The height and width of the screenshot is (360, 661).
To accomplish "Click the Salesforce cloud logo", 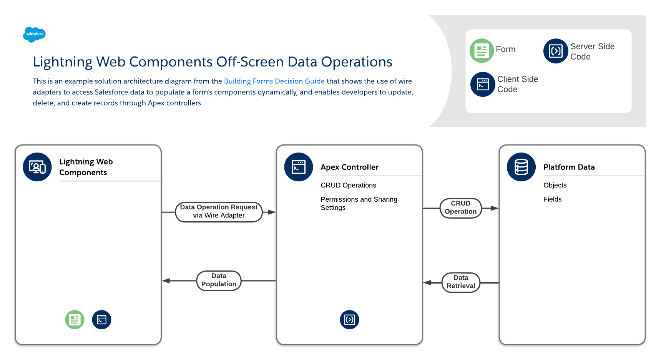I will (x=34, y=34).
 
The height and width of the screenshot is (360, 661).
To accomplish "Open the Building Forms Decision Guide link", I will (x=274, y=81).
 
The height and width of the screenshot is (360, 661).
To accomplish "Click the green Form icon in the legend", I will (x=482, y=51).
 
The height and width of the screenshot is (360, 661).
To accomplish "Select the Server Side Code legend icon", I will (x=556, y=51).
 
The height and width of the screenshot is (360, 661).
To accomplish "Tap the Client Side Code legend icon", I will (x=483, y=84).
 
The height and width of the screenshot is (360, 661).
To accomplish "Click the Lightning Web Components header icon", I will (x=37, y=167).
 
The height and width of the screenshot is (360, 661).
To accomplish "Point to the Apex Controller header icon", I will (x=299, y=167).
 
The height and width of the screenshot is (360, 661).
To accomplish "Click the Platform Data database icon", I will (x=521, y=167).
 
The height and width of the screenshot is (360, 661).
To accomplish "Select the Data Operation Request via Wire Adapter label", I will (x=219, y=211).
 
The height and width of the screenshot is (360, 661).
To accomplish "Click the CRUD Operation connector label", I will (x=460, y=207).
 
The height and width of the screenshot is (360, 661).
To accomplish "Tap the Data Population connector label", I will (x=219, y=280).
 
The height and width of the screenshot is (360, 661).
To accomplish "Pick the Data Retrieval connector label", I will (x=461, y=282).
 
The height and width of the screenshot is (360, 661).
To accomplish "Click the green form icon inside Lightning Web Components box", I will (x=75, y=320).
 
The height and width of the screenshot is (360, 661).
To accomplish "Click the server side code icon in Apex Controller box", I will (x=349, y=320).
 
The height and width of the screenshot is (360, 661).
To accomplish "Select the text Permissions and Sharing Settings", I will (x=359, y=203).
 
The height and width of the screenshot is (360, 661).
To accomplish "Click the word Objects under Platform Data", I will (x=555, y=185).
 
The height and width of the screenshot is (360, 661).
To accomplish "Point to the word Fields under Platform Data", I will (x=552, y=199).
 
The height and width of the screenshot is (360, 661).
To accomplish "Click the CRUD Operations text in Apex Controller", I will (x=348, y=185).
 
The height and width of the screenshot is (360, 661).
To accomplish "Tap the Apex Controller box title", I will (x=349, y=167).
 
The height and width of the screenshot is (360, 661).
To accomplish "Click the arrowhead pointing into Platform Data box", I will (x=495, y=208).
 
